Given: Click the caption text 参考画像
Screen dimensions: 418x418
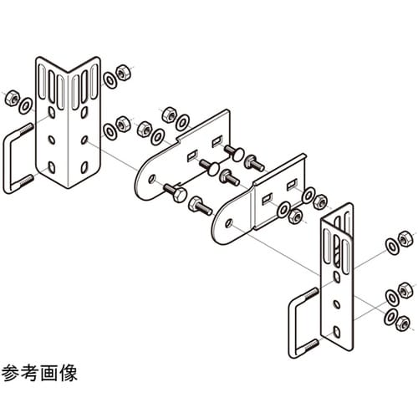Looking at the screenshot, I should click(39, 373).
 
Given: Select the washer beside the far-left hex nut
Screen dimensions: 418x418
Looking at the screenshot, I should click(26, 104).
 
